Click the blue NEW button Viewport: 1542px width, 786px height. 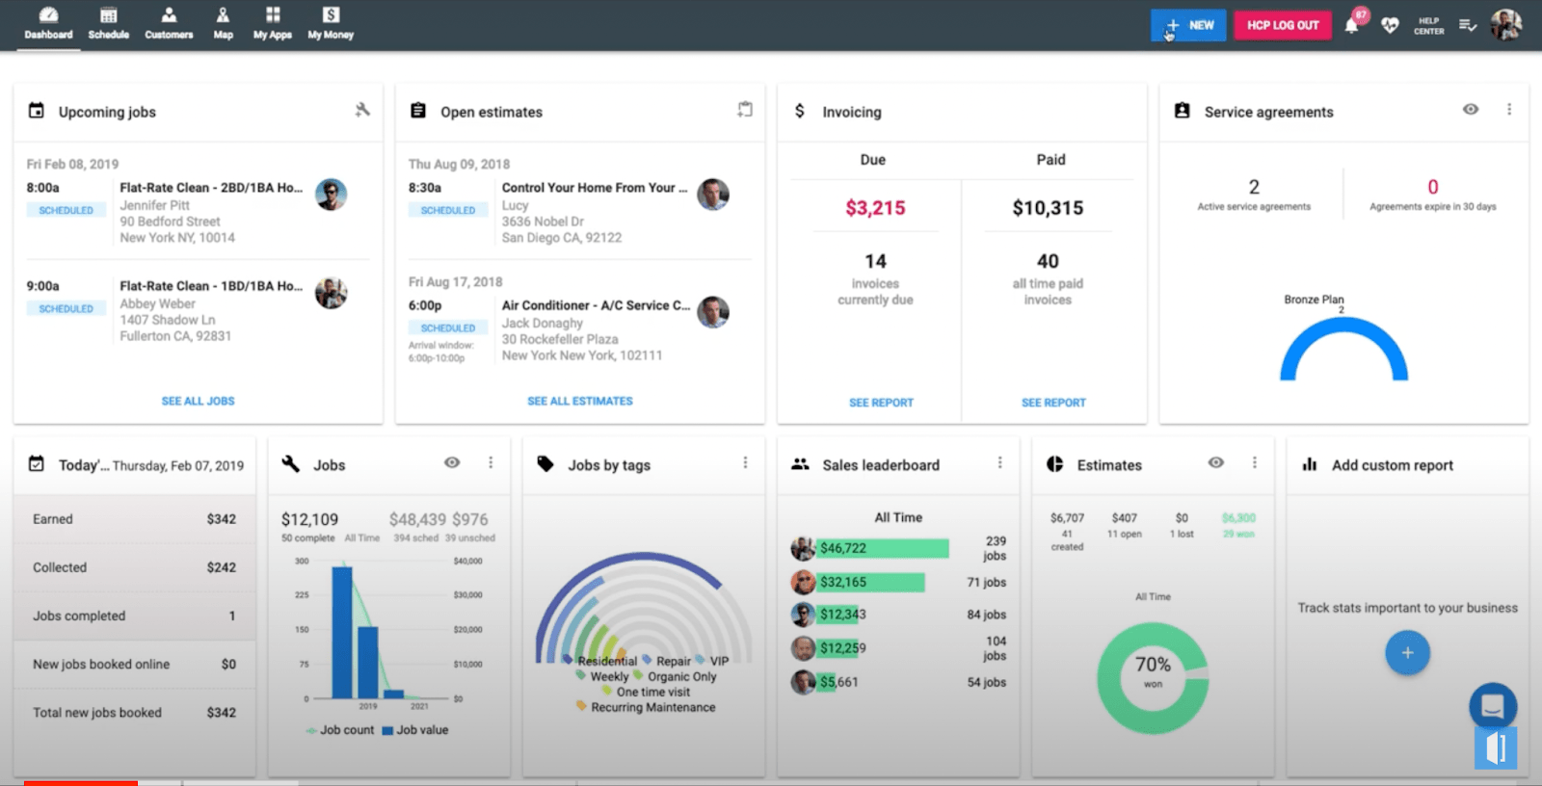coord(1188,25)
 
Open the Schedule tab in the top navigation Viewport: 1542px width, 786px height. coord(109,23)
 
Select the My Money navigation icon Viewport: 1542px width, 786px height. coord(331,23)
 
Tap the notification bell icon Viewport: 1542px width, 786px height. coord(1351,26)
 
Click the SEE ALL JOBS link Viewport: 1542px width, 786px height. coord(198,401)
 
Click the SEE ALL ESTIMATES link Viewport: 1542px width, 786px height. coord(580,401)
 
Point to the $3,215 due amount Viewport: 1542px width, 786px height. coord(875,208)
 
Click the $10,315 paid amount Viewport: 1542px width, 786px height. coord(1048,208)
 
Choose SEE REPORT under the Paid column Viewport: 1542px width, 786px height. coord(1053,403)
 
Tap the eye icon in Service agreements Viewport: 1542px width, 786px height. coord(1471,110)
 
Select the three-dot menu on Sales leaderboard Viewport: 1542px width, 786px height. coord(1000,463)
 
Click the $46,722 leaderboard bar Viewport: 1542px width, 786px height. coord(882,548)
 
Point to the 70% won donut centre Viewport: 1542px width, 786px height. coord(1153,670)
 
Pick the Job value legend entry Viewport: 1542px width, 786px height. coord(415,730)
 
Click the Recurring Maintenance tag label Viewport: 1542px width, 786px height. coord(652,707)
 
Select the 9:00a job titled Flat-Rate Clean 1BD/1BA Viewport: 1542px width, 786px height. coord(210,286)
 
